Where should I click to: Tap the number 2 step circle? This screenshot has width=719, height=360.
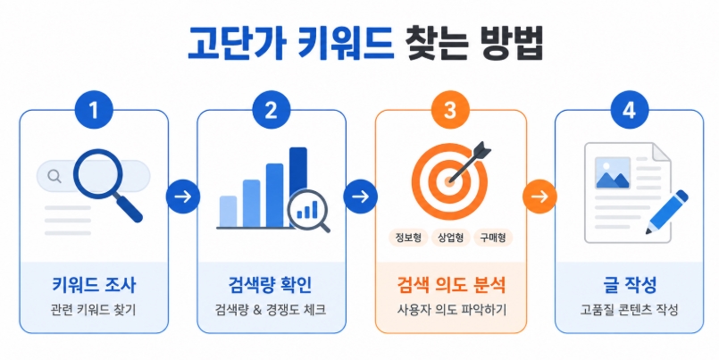tap(272, 113)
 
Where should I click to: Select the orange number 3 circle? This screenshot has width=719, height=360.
tap(450, 113)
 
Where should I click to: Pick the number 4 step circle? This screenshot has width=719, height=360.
tap(629, 113)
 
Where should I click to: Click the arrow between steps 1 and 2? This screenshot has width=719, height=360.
tap(182, 197)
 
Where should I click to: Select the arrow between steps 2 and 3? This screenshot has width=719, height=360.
tap(361, 197)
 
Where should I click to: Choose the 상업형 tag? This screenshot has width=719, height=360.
tap(451, 238)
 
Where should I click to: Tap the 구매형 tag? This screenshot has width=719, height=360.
tap(493, 238)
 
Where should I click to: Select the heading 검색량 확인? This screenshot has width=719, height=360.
tap(272, 287)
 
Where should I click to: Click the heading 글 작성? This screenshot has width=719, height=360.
tap(629, 287)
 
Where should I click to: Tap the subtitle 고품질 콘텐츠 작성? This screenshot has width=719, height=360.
tap(629, 311)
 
